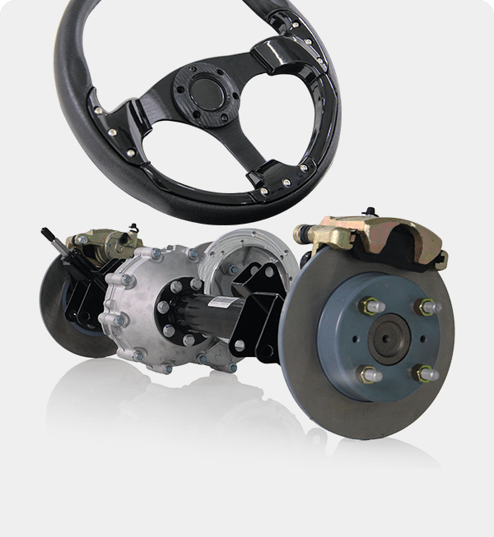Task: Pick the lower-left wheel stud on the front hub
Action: [367, 375]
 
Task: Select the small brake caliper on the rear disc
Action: [98, 241]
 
